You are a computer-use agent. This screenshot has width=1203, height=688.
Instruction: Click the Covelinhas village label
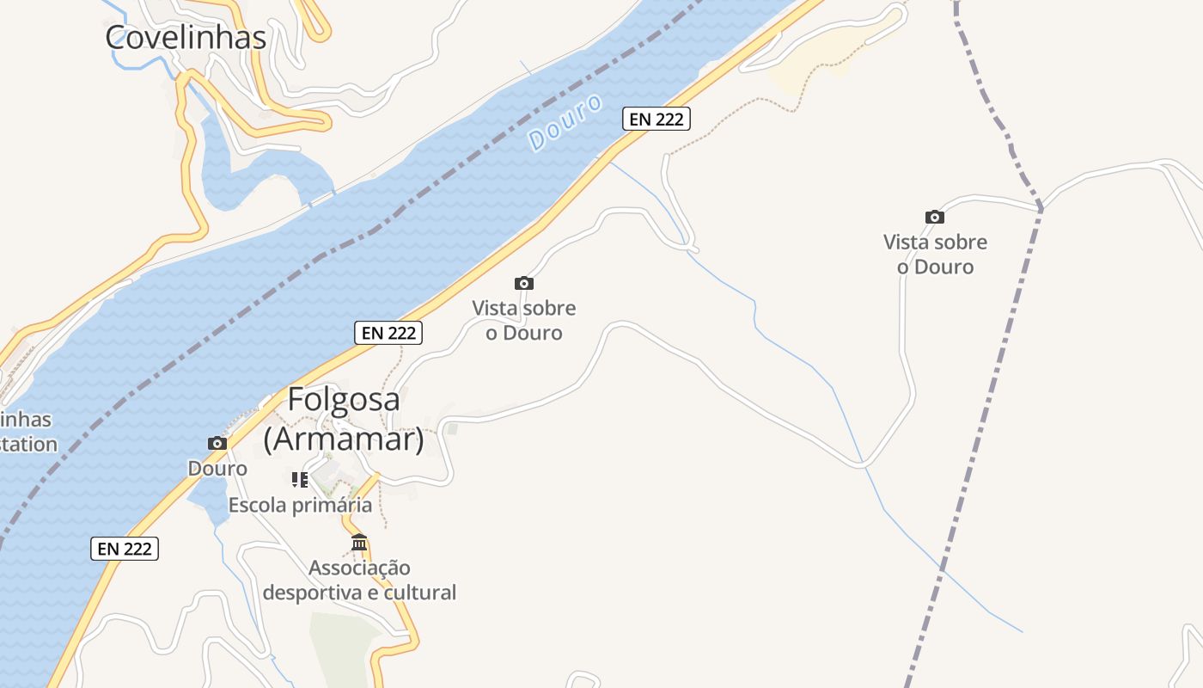pos(186,37)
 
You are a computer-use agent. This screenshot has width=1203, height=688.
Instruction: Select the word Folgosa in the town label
pos(343,400)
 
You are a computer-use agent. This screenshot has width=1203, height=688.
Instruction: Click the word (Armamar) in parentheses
pos(343,439)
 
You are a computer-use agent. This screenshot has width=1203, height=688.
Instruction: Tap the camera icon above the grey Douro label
pos(217,444)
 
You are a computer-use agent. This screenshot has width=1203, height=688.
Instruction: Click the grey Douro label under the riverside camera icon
pos(217,469)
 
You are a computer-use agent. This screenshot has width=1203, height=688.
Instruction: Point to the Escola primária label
pos(300,505)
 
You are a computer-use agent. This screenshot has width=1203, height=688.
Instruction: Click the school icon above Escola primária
pos(299,480)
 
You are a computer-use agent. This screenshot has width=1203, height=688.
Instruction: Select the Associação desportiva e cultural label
pos(359,580)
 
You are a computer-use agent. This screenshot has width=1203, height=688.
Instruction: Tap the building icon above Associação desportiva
pos(359,543)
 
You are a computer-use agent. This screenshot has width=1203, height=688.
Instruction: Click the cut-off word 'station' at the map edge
pos(28,445)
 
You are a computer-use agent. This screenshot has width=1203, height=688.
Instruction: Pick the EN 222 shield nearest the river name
pos(656,119)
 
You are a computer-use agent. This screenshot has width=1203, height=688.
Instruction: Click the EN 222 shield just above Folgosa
pos(388,333)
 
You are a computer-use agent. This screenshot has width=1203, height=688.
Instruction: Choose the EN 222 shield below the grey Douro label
pos(125,549)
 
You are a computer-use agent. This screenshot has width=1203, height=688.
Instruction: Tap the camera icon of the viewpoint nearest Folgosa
pos(523,283)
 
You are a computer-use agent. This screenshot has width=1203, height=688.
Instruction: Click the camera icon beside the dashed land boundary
pos(934,218)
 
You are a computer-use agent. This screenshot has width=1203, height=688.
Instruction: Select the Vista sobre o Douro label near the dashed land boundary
pos(935,255)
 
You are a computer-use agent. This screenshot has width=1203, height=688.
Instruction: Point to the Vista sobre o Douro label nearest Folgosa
pos(523,321)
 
